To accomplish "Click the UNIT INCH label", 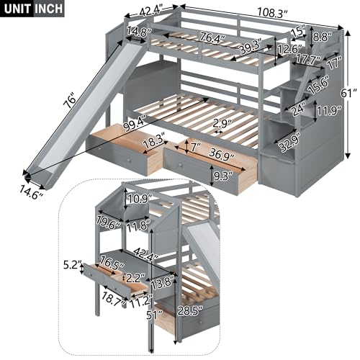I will (33, 9).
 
